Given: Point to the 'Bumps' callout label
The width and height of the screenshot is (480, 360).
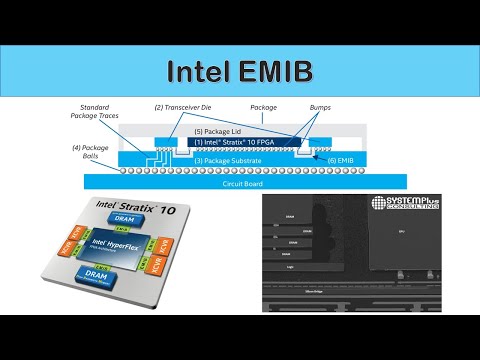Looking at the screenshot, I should click(321, 107).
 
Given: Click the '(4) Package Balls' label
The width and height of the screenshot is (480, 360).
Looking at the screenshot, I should click(88, 152).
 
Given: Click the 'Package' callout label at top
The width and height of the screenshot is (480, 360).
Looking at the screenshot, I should click(263, 107).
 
